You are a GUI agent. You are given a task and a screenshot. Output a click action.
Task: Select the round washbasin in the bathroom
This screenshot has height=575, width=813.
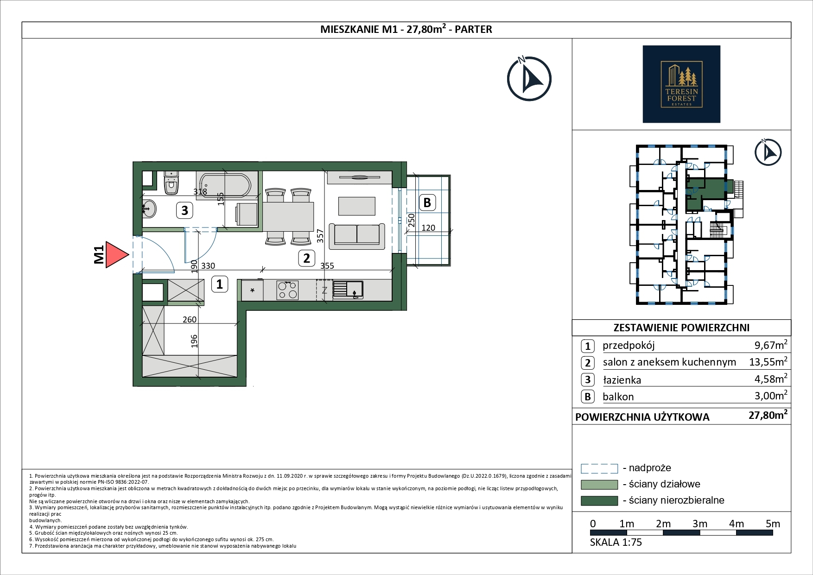click(149, 209)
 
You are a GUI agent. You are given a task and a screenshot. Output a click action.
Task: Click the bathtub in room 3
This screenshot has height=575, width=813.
click(224, 186)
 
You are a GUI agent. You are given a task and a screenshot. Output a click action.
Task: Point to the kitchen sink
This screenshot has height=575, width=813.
click(348, 290)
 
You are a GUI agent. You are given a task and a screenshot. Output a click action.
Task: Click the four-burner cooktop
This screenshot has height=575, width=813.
click(288, 290)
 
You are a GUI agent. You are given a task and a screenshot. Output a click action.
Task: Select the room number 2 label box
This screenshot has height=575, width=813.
click(306, 258)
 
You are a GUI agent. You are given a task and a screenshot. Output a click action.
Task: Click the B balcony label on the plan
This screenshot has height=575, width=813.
click(427, 202)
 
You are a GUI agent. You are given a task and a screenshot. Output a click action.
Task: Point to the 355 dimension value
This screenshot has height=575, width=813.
click(327, 266)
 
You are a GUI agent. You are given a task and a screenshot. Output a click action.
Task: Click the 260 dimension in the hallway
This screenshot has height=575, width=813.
click(190, 319)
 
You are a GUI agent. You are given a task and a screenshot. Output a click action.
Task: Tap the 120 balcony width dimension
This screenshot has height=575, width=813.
click(428, 227)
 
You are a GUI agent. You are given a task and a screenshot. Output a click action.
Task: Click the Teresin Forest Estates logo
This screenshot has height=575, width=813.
click(681, 84)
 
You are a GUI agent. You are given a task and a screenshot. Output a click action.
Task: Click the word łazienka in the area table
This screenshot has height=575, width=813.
click(622, 380)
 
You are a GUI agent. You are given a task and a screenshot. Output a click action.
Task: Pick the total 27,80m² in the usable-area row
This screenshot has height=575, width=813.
click(768, 415)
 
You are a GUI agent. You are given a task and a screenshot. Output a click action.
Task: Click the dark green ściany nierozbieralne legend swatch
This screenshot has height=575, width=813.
click(599, 501)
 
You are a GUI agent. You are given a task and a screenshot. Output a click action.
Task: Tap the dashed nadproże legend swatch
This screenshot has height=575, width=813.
click(599, 468)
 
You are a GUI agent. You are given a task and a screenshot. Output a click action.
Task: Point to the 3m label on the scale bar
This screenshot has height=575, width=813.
click(700, 524)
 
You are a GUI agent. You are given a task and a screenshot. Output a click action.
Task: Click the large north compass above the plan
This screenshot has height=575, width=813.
click(529, 79)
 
